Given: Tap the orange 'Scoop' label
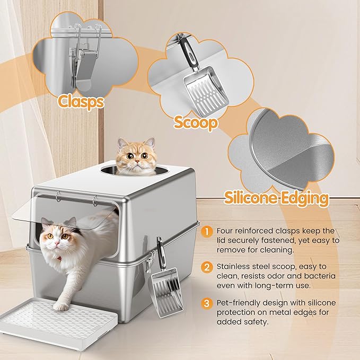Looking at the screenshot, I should click(x=196, y=123).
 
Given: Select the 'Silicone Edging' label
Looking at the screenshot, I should click(x=276, y=198).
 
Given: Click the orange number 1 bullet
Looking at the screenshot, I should click(x=207, y=231).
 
